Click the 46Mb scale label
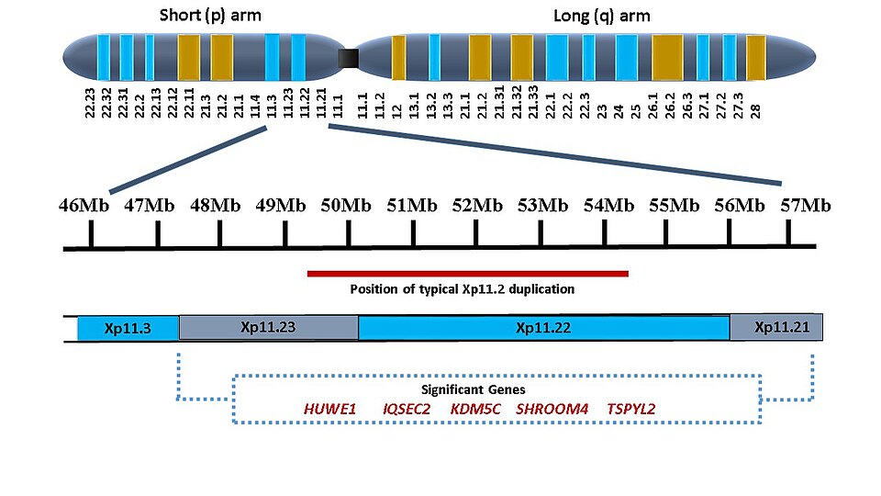84,204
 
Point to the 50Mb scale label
346,204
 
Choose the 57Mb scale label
806,204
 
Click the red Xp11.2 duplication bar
467,273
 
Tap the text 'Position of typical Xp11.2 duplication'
463,289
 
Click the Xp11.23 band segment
268,327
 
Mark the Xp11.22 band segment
543,327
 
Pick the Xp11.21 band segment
776,327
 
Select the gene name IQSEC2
407,409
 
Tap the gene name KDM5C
475,409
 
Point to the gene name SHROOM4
552,409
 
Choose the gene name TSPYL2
631,409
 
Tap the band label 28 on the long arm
755,111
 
